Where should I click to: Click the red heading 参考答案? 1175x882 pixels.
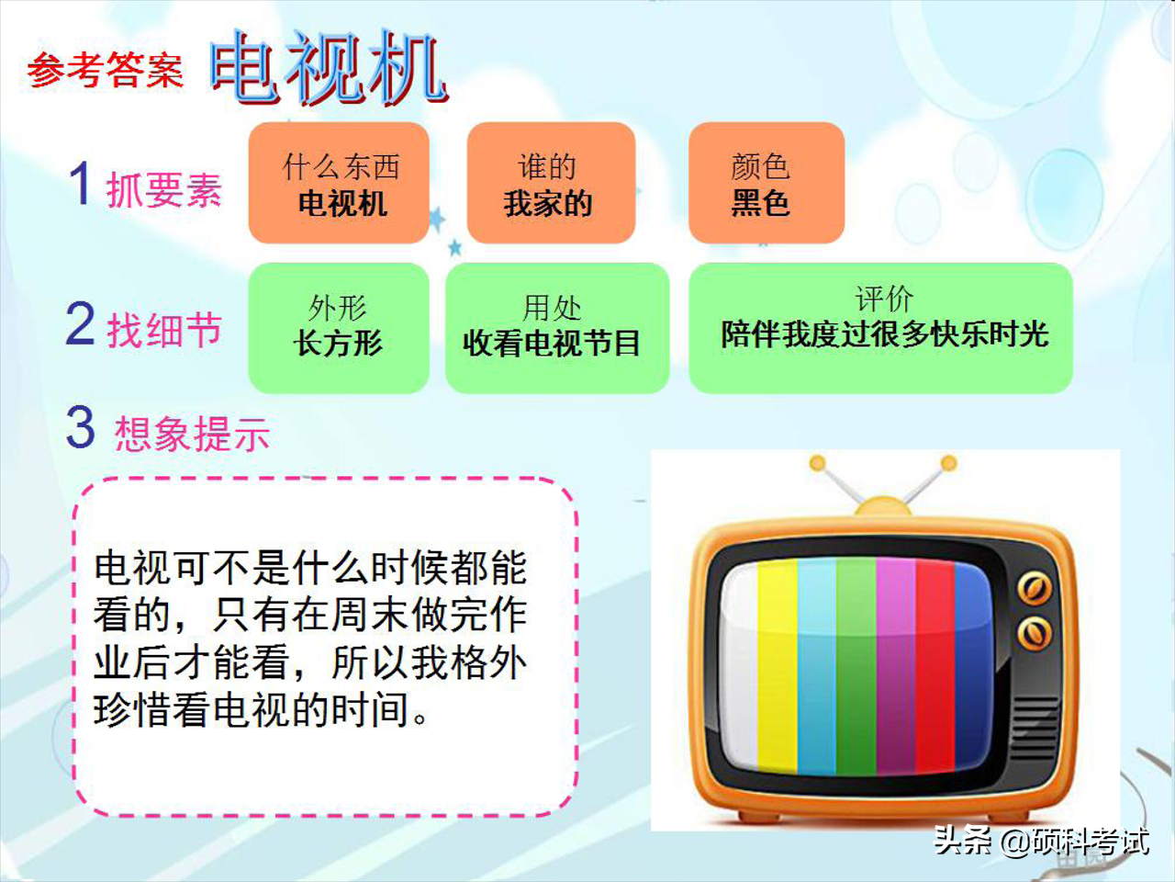pyautogui.click(x=105, y=70)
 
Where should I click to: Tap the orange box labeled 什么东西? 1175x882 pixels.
pyautogui.click(x=340, y=184)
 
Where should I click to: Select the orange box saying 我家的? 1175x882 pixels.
pyautogui.click(x=550, y=184)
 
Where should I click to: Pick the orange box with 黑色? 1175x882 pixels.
pyautogui.click(x=765, y=184)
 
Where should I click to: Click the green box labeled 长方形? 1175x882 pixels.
pyautogui.click(x=338, y=327)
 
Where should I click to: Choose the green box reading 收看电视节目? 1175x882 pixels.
pyautogui.click(x=555, y=327)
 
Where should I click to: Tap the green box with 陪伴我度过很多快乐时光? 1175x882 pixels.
pyautogui.click(x=880, y=327)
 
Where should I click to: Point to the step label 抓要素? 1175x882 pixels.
pyautogui.click(x=164, y=190)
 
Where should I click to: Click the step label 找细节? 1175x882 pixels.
pyautogui.click(x=165, y=330)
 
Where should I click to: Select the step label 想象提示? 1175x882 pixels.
pyautogui.click(x=192, y=434)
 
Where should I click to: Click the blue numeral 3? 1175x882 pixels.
pyautogui.click(x=81, y=428)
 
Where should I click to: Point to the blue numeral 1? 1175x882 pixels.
pyautogui.click(x=81, y=184)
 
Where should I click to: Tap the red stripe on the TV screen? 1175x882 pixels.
pyautogui.click(x=935, y=666)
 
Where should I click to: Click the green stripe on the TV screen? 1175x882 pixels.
pyautogui.click(x=856, y=666)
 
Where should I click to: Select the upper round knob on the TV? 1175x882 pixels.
pyautogui.click(x=1034, y=588)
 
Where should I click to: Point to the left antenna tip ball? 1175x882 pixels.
pyautogui.click(x=817, y=464)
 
